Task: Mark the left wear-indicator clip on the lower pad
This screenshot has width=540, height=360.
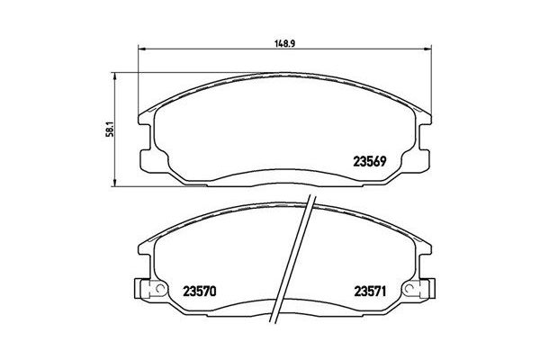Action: click(x=144, y=290)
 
